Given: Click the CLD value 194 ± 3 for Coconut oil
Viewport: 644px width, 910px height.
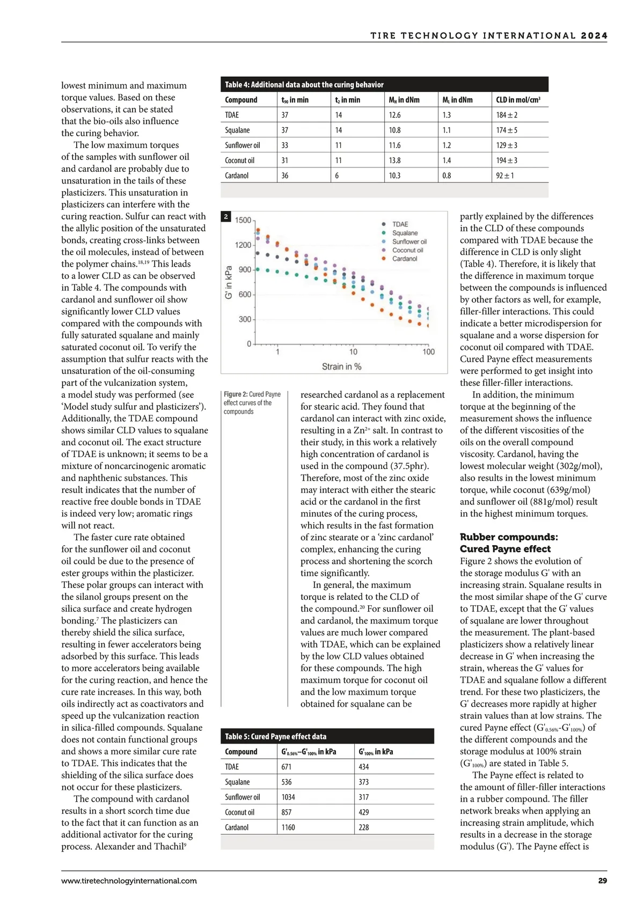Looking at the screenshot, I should pyautogui.click(x=506, y=160).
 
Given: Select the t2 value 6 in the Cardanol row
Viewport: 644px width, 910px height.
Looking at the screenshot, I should pyautogui.click(x=338, y=175).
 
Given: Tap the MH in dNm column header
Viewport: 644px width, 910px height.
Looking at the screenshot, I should pyautogui.click(x=404, y=100).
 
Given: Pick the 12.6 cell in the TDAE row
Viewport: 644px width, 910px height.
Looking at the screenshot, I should pyautogui.click(x=394, y=115).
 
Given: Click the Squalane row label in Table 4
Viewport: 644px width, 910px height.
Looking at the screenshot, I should pyautogui.click(x=237, y=130).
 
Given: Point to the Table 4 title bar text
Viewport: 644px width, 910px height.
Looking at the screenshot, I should pyautogui.click(x=304, y=85).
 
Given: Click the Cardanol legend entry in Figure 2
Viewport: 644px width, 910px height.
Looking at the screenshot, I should pyautogui.click(x=404, y=259).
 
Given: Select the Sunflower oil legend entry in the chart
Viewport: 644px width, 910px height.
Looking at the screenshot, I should pyautogui.click(x=409, y=241).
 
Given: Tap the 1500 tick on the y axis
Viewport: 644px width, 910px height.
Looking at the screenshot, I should pyautogui.click(x=243, y=221).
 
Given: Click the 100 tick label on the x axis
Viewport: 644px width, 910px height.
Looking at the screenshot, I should pyautogui.click(x=428, y=352).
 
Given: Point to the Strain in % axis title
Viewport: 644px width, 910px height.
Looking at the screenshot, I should pyautogui.click(x=341, y=366).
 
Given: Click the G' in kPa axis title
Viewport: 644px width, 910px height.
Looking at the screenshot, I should pyautogui.click(x=229, y=282).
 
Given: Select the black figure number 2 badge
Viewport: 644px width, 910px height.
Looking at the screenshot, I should pyautogui.click(x=226, y=217).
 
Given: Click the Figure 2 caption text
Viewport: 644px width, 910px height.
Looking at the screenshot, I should pyautogui.click(x=252, y=403).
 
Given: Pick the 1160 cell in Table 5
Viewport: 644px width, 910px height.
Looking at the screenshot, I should pyautogui.click(x=288, y=827).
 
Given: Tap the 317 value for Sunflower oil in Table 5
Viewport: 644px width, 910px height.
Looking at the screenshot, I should pyautogui.click(x=364, y=797).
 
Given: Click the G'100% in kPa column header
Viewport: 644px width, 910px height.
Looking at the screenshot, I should pyautogui.click(x=376, y=752).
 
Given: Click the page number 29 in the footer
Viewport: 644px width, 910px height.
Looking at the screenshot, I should pyautogui.click(x=602, y=880).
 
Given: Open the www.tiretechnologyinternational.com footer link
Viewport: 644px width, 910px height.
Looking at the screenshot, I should pyautogui.click(x=129, y=880).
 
